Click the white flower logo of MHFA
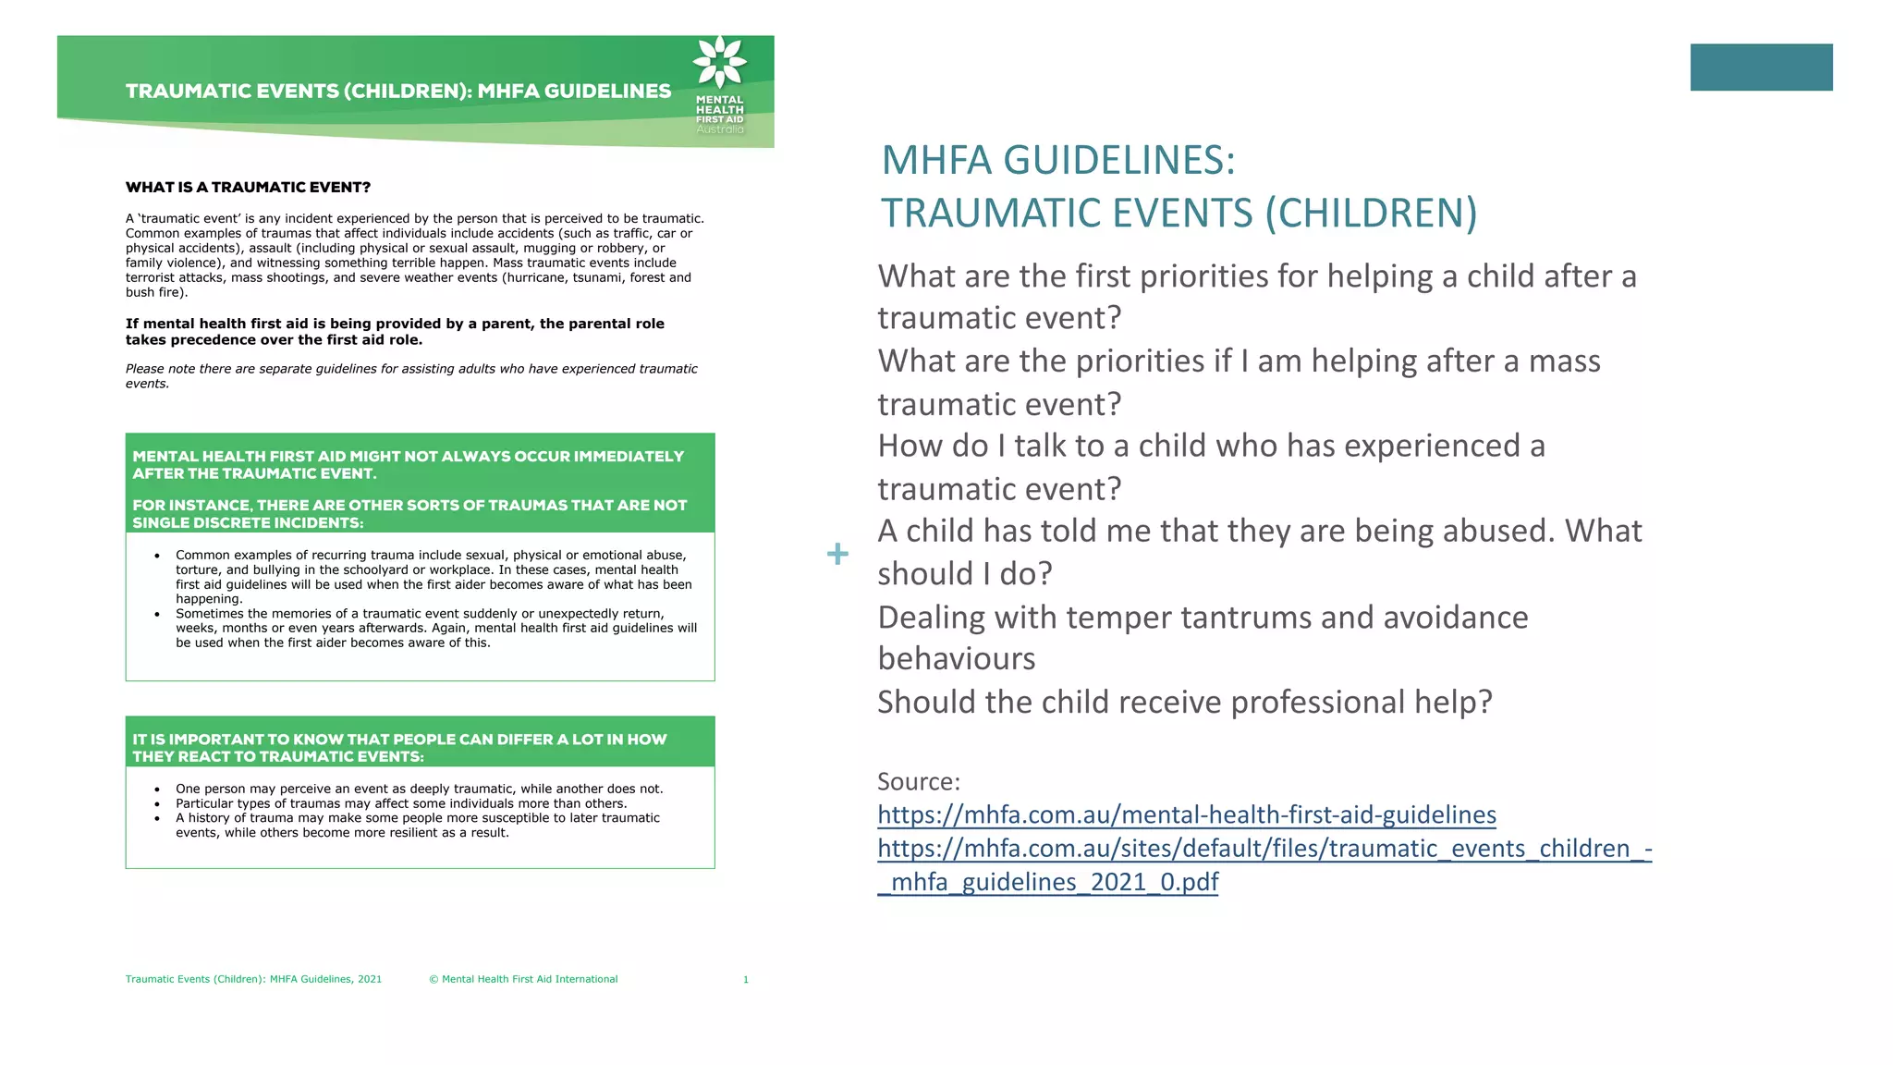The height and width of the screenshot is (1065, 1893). pos(719,62)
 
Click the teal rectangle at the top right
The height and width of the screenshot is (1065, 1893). pos(1761,67)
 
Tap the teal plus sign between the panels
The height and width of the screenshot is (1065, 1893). pos(837,554)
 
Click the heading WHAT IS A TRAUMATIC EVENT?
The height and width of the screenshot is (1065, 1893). pos(248,187)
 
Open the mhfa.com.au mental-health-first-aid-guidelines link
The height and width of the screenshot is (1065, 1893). pos(1186,814)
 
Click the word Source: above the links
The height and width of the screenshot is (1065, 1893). pos(918,781)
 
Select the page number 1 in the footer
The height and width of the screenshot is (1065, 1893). pos(745,979)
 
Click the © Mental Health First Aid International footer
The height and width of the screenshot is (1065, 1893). pos(523,979)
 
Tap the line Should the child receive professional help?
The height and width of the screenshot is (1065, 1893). pos(1184,702)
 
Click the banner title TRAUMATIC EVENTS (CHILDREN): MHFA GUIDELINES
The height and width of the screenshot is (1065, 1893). pos(398,91)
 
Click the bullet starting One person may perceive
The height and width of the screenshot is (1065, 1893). pos(419,789)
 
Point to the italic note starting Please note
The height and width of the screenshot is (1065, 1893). pos(411,375)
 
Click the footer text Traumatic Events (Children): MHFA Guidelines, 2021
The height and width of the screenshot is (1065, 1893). pos(253,979)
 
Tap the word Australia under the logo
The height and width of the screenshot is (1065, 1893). pos(719,129)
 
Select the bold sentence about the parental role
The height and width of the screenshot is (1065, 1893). pos(395,331)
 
